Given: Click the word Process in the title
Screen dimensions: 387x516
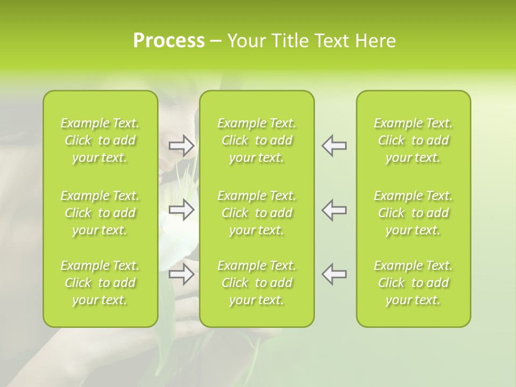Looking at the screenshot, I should coord(169,41).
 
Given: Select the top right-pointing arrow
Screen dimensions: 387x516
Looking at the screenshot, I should coord(182,146).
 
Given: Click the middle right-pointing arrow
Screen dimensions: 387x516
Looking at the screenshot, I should coord(182,210).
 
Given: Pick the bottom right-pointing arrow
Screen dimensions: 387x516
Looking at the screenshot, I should coord(182,274).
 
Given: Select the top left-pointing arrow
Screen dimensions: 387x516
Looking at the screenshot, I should coord(334,146).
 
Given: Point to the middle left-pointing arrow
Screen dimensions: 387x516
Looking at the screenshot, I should coord(334,210).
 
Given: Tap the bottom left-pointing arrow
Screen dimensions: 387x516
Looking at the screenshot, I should coord(334,274).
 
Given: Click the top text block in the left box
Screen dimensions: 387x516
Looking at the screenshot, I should coord(100,140).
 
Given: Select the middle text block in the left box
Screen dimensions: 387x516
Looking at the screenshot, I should coord(100,213).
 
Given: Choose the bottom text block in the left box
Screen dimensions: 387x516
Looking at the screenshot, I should coord(100,283).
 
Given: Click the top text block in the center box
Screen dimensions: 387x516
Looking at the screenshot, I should coord(257,140).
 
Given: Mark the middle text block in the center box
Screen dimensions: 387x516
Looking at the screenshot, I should coord(257,213).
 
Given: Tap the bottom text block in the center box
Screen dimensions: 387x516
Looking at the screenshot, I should coord(257,283).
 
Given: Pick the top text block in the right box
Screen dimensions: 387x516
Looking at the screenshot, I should coord(413,140).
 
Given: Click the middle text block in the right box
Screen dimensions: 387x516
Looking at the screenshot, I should coord(413,213).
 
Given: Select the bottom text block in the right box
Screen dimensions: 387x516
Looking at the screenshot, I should coord(413,283).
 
